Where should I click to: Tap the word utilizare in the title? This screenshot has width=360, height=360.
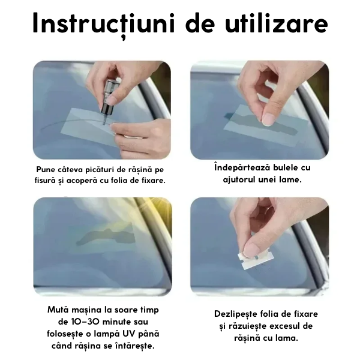[277, 23]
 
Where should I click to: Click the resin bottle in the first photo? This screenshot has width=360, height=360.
[109, 98]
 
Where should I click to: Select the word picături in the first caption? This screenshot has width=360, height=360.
[100, 170]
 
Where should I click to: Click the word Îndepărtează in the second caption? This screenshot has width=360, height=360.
[242, 167]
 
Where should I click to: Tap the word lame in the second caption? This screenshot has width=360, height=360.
[290, 179]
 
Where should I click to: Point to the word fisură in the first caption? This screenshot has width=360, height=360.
[44, 181]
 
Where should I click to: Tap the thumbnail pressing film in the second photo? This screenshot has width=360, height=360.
[268, 119]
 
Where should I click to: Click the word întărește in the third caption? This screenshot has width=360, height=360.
[136, 346]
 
